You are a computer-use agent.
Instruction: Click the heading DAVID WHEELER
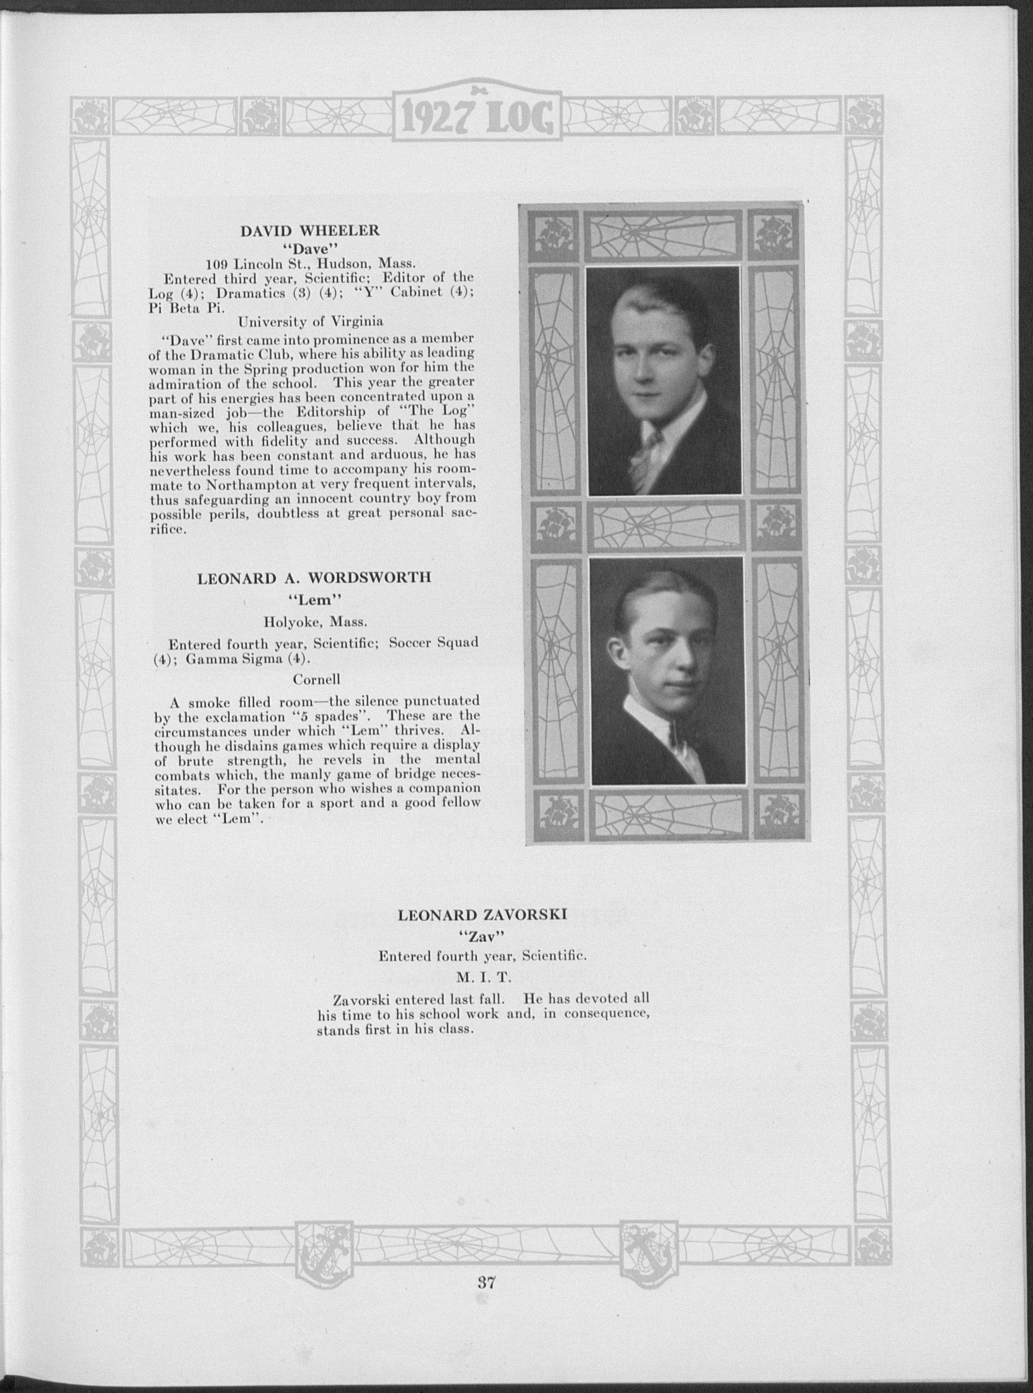(x=310, y=230)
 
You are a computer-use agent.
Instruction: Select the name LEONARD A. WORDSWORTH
(x=314, y=577)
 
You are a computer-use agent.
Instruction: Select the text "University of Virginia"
(x=310, y=322)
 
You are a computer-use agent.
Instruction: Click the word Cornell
(x=316, y=679)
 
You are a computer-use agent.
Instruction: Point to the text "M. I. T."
(x=483, y=976)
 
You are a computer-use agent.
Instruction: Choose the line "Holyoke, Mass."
(x=315, y=623)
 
